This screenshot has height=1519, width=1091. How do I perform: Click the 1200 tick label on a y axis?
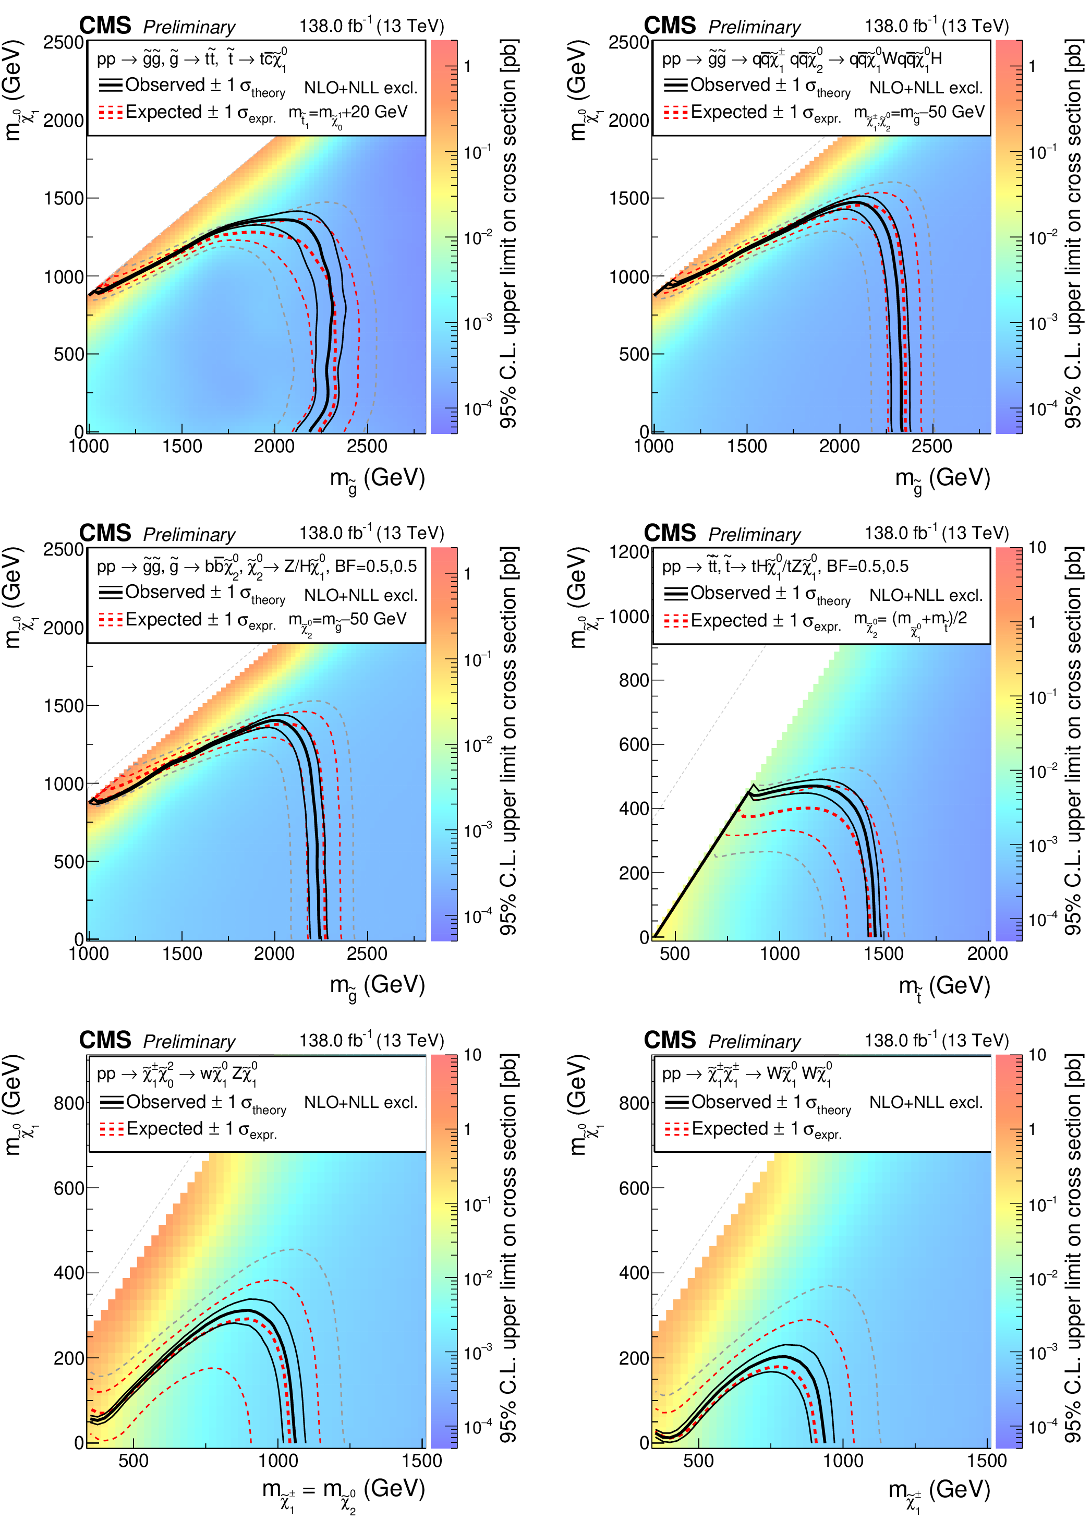[x=629, y=552]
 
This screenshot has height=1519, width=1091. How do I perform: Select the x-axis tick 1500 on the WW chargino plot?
[x=987, y=1460]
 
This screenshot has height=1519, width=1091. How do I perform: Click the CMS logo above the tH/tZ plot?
[x=670, y=533]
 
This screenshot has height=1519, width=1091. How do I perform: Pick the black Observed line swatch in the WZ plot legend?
[x=111, y=1102]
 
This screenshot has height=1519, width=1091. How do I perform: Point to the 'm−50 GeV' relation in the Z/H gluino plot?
[x=348, y=620]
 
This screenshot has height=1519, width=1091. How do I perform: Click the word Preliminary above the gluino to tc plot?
[x=189, y=28]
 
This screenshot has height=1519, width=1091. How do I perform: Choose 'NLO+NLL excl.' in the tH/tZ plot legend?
[x=926, y=595]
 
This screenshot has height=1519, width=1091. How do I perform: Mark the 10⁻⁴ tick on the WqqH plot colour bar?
[x=1041, y=409]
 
